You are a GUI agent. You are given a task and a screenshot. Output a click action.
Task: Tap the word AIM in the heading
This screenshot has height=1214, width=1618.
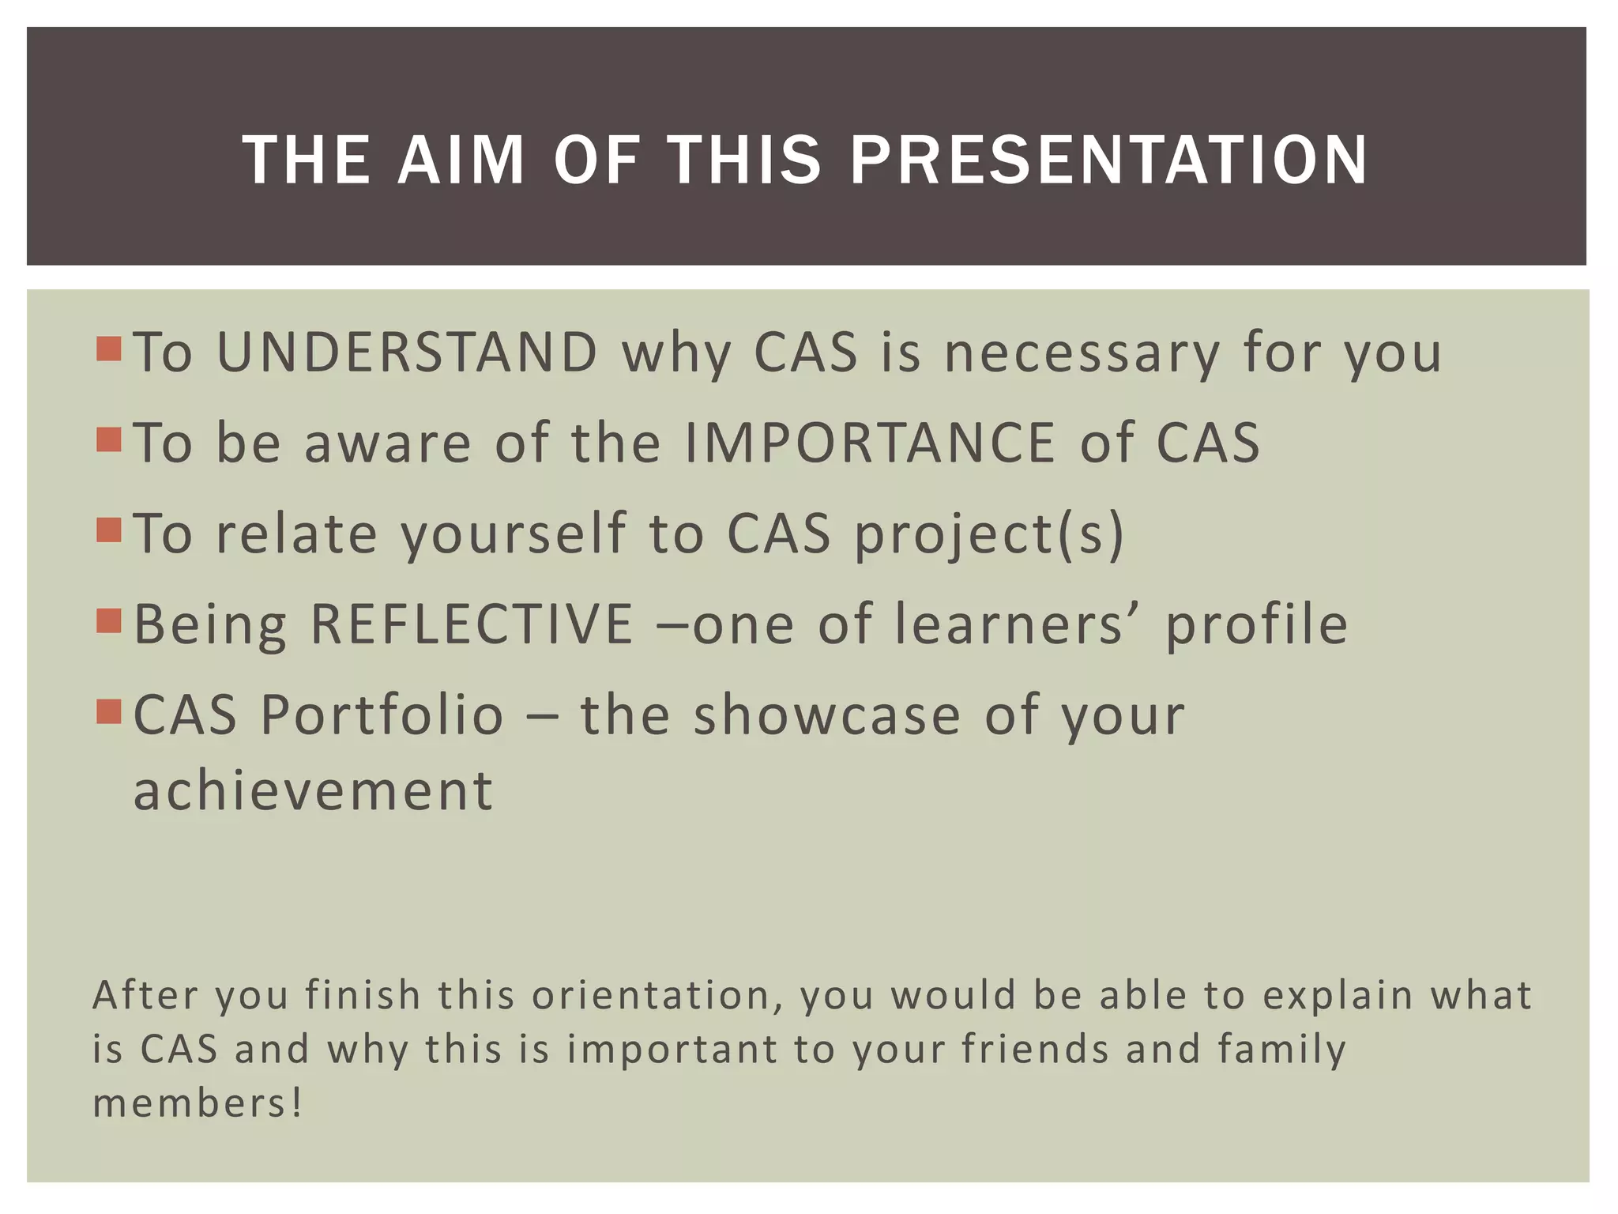click(461, 160)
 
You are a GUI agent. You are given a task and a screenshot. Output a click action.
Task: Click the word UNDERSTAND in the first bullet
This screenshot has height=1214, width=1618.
click(407, 352)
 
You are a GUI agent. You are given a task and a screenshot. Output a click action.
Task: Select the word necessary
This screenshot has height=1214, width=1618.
click(1082, 353)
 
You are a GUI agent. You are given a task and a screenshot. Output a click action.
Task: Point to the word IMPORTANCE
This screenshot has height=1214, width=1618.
click(870, 443)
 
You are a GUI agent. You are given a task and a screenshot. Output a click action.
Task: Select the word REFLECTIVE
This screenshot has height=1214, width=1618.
click(472, 624)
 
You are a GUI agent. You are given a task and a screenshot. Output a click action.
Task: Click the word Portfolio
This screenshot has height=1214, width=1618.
click(382, 715)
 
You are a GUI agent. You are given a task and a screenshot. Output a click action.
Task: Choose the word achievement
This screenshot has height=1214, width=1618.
click(314, 790)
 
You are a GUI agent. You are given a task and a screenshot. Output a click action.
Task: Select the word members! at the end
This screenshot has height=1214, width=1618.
click(198, 1103)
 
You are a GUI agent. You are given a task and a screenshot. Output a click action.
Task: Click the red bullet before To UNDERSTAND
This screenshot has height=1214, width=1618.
click(109, 349)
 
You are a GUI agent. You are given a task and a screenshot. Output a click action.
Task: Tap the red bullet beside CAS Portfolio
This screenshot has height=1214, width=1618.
click(109, 711)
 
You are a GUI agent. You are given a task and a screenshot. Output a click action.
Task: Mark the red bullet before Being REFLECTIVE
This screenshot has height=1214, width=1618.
click(109, 621)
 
